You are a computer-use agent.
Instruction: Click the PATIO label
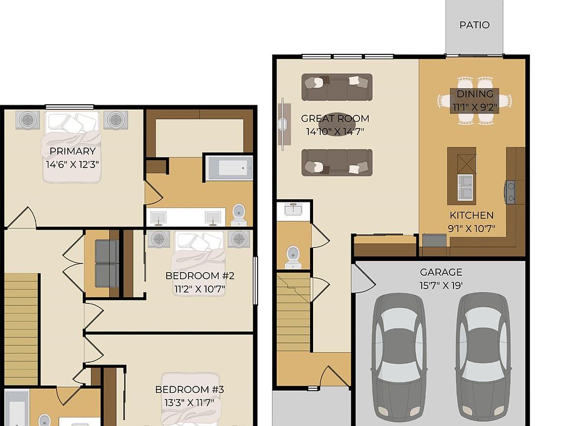click(474, 25)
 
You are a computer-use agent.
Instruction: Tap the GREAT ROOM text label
click(335, 118)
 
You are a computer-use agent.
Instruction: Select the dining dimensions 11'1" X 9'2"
click(475, 107)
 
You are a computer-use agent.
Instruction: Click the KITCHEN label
click(471, 215)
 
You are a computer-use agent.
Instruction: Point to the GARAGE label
click(441, 272)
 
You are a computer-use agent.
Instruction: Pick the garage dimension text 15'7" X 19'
click(441, 285)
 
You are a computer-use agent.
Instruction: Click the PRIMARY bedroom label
click(72, 151)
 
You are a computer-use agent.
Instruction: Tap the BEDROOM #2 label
click(200, 276)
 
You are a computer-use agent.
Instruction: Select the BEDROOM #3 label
click(190, 389)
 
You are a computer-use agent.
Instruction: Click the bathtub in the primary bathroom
click(229, 167)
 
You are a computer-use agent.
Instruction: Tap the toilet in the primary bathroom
click(239, 215)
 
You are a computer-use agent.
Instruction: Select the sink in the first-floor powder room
click(294, 209)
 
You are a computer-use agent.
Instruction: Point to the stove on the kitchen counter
click(510, 192)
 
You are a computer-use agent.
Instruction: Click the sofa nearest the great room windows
click(337, 88)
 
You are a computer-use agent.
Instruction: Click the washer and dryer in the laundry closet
click(106, 264)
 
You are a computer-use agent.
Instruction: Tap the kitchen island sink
click(465, 187)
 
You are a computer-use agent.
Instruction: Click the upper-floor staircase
click(21, 330)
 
